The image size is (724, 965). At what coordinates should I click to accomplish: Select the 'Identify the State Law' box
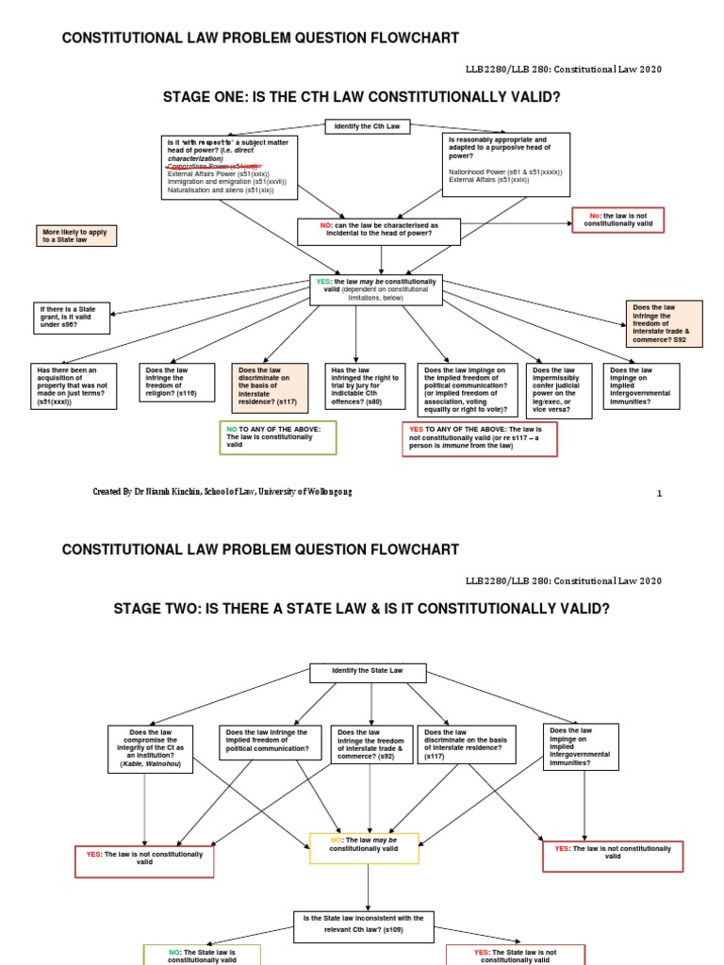(369, 673)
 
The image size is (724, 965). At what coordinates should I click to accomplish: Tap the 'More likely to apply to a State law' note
(77, 236)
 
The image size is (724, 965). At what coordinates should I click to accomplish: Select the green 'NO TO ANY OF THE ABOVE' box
(277, 438)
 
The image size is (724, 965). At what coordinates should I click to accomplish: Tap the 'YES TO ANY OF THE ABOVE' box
(479, 439)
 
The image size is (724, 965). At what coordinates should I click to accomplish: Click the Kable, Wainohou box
(150, 749)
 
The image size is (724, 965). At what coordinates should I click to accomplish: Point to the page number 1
(660, 493)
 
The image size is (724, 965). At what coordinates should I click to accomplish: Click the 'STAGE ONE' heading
(361, 97)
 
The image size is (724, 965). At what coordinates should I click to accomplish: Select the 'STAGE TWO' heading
(362, 610)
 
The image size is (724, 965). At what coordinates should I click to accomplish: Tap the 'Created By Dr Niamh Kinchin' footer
(222, 492)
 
